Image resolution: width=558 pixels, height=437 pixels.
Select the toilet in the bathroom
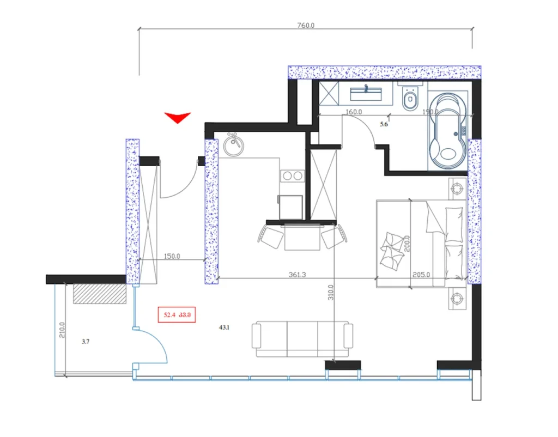(x=409, y=98)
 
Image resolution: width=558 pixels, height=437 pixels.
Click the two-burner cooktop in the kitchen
(x=293, y=175)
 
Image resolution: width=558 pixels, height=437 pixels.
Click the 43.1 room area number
(x=224, y=327)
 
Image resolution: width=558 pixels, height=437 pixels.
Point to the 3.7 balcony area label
(x=85, y=342)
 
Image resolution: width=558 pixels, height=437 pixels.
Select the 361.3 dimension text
(x=297, y=275)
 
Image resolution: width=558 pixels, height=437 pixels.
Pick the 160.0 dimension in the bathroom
(x=354, y=112)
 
